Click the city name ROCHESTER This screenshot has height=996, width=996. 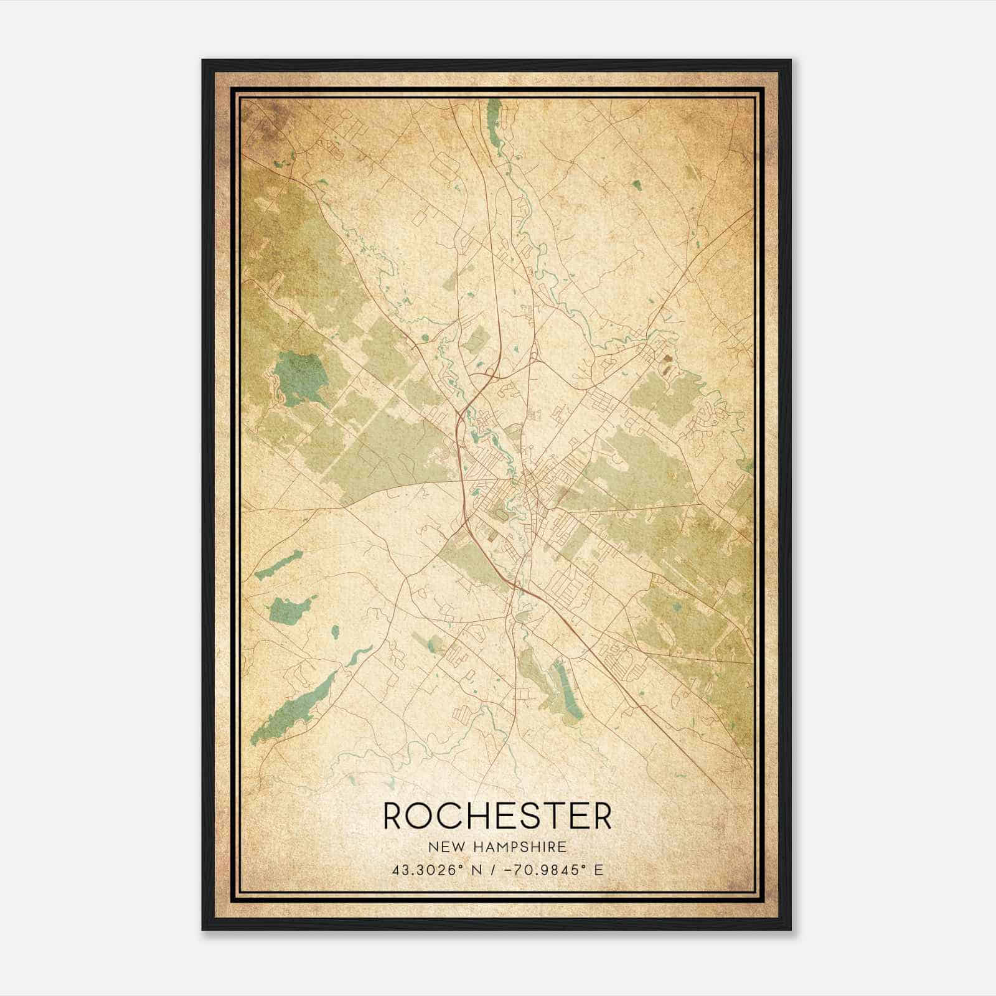(497, 815)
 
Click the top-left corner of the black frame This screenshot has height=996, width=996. (204, 61)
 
